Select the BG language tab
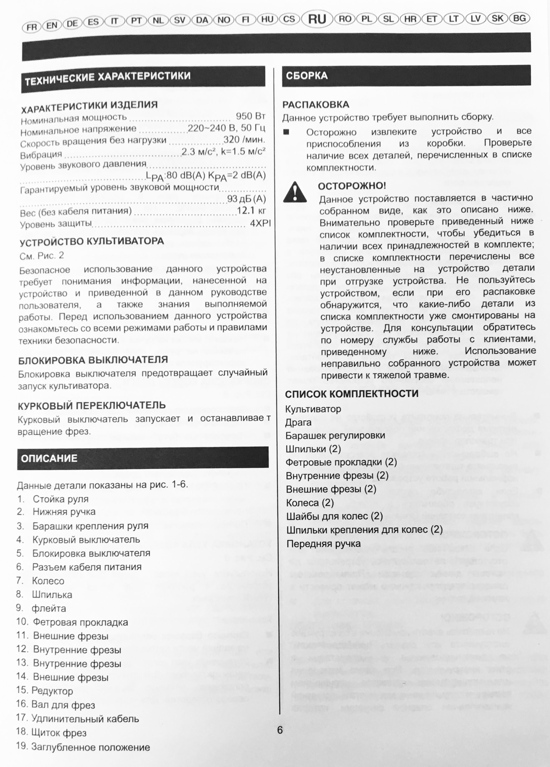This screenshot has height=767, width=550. tap(519, 18)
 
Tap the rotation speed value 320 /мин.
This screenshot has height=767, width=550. tap(244, 139)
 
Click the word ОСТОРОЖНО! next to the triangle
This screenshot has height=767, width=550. tap(352, 186)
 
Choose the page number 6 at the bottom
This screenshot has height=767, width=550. tap(280, 730)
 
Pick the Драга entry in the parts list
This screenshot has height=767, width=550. tap(298, 422)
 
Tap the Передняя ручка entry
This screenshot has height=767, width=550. tap(323, 544)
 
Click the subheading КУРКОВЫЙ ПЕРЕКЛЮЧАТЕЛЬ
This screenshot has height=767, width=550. tap(92, 405)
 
